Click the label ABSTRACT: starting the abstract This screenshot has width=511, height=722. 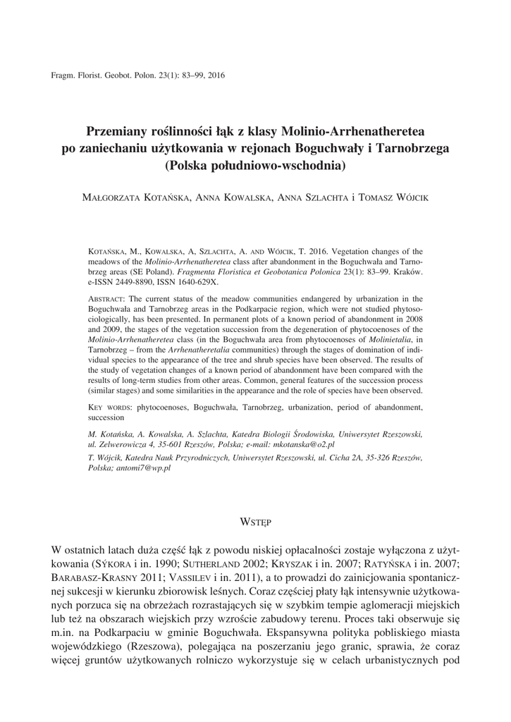pos(109,299)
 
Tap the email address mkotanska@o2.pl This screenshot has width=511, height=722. pos(303,445)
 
